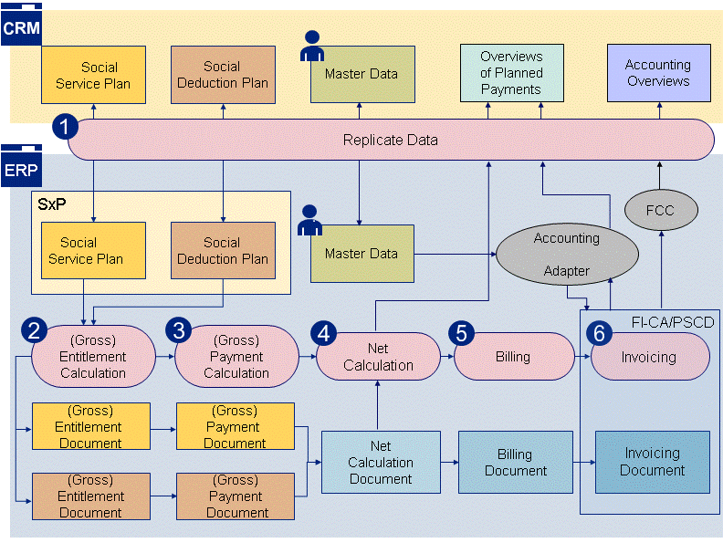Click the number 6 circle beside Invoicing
(599, 334)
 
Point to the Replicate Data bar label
(390, 141)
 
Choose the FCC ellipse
(659, 211)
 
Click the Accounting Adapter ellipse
(566, 254)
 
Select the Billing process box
(512, 357)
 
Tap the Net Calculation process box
(378, 357)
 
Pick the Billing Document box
(515, 463)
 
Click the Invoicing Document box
(652, 462)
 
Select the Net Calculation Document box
(381, 463)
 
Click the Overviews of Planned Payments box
(510, 73)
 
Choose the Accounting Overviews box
(658, 73)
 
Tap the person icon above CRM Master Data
(312, 47)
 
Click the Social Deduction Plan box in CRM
(223, 75)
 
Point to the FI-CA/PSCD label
(672, 322)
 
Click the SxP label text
(51, 204)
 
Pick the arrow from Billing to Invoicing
(581, 356)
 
